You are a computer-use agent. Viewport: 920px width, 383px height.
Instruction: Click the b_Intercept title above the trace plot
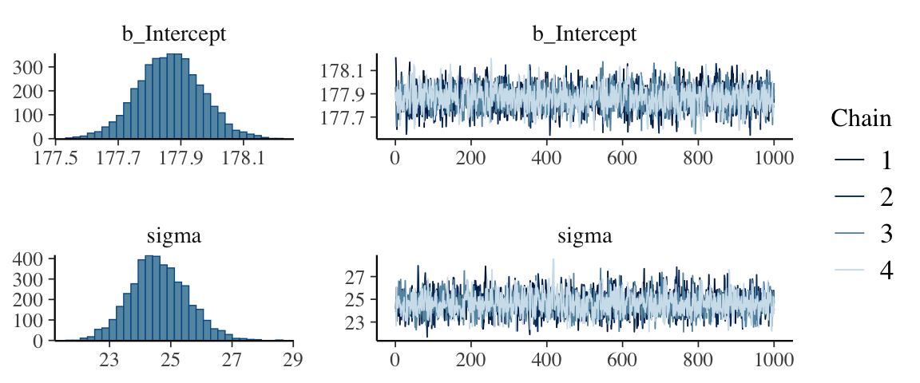tap(585, 34)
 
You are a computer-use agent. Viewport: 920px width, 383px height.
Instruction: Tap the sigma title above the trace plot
tap(585, 236)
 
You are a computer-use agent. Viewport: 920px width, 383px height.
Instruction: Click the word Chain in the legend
tap(861, 119)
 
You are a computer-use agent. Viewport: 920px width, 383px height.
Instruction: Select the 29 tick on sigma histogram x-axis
tap(292, 360)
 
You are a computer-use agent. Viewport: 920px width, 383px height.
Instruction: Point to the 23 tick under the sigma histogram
tap(109, 360)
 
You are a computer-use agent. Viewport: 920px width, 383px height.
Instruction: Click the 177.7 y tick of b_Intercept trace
tap(343, 117)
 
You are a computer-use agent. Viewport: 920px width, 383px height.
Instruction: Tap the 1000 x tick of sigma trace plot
tap(773, 360)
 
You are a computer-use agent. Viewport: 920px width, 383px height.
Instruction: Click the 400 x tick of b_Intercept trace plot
tap(546, 158)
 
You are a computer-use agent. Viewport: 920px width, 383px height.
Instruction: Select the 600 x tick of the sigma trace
tap(622, 360)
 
